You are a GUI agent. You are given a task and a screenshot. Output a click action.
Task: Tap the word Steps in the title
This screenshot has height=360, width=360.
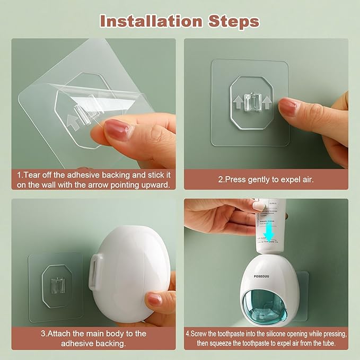(x=233, y=21)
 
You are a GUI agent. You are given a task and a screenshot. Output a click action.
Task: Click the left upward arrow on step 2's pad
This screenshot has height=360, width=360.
(x=237, y=99)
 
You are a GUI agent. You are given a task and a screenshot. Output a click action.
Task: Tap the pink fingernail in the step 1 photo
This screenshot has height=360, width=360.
(x=117, y=129)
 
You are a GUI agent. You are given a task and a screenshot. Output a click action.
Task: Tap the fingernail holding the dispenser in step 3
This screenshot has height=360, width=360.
(x=154, y=300)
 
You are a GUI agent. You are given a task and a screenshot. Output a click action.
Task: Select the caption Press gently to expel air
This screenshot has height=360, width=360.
(x=266, y=180)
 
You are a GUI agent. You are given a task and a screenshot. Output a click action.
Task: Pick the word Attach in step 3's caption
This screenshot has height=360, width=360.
(x=61, y=333)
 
